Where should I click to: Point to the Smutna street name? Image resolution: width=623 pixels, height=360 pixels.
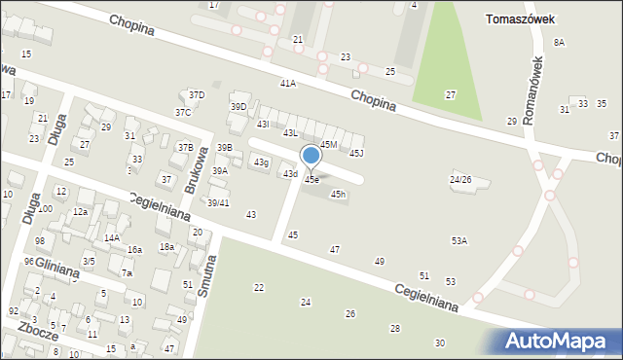tap(205, 275)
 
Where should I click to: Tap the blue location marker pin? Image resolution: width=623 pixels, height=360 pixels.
tap(311, 156)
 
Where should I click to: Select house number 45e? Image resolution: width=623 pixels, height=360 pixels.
tap(311, 180)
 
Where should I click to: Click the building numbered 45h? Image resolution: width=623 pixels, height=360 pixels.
tap(338, 195)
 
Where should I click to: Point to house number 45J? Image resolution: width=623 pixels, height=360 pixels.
tap(356, 153)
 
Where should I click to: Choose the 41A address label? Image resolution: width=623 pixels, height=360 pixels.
tap(287, 84)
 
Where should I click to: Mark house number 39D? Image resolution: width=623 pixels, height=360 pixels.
tap(238, 106)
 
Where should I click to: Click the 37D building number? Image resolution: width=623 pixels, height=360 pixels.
tap(197, 94)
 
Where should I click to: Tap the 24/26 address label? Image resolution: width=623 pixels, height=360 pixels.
tap(460, 180)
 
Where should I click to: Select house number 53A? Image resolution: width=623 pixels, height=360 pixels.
tap(458, 240)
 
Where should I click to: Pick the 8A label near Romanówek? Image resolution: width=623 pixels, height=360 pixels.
tap(559, 42)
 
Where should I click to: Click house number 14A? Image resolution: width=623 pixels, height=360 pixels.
tap(112, 237)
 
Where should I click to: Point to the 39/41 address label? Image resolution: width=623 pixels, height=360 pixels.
tap(218, 202)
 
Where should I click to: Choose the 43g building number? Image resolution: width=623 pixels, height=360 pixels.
tap(261, 162)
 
